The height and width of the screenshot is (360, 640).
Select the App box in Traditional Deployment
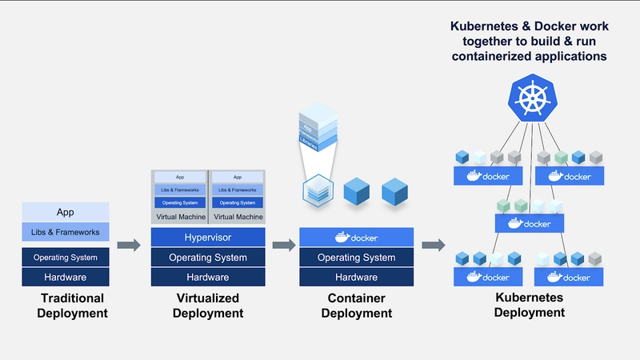[65, 212]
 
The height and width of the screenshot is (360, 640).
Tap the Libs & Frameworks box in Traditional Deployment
[65, 233]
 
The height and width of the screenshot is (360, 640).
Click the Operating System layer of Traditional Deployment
[65, 258]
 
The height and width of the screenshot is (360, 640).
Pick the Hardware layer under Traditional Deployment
[65, 277]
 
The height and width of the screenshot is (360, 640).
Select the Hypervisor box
[208, 238]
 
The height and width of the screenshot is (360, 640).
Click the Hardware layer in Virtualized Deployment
[208, 277]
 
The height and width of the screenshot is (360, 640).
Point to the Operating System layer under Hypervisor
[208, 258]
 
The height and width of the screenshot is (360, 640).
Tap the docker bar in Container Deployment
[356, 238]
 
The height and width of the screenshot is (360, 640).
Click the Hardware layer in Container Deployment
[356, 277]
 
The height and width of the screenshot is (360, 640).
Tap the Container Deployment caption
[356, 306]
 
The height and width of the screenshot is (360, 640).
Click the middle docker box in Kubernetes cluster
[529, 223]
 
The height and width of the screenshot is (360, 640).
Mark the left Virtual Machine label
[179, 217]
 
